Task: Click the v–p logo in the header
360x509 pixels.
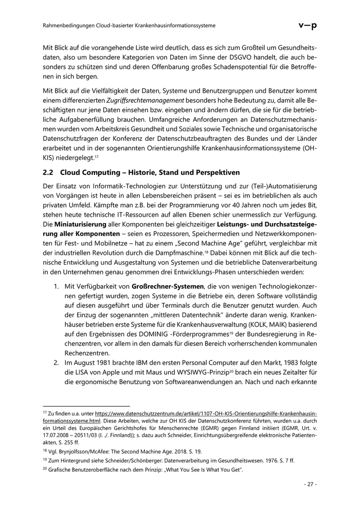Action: click(x=308, y=25)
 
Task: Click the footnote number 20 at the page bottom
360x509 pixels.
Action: click(x=44, y=469)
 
